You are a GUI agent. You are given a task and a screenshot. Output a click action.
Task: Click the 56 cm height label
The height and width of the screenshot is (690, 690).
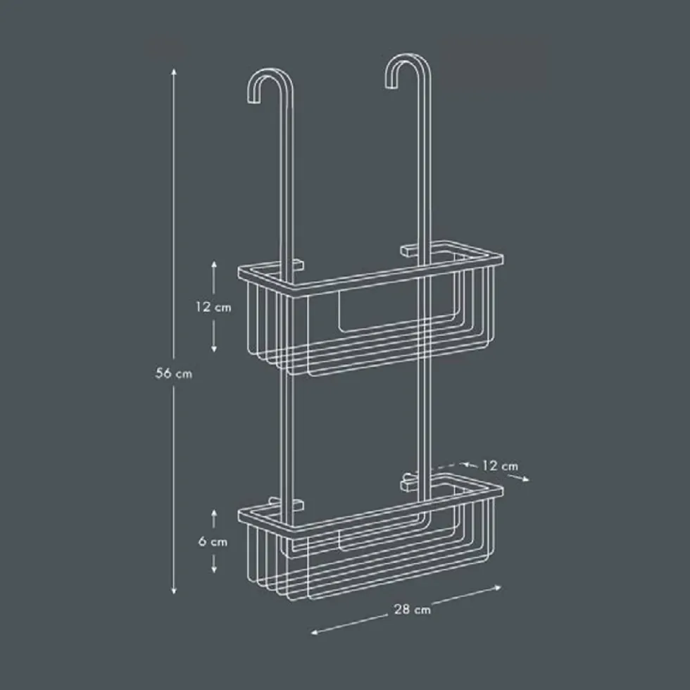tap(174, 374)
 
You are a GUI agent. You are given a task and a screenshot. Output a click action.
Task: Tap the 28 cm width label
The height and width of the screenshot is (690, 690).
tap(413, 610)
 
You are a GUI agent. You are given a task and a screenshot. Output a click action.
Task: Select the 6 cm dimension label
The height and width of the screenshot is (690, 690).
tap(213, 541)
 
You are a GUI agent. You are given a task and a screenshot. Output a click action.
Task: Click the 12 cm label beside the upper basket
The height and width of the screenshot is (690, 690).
tap(213, 307)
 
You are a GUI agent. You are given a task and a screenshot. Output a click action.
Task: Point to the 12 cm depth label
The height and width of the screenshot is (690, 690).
tap(501, 465)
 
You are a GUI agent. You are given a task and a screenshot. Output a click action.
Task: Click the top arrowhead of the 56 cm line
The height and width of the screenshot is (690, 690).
tap(174, 72)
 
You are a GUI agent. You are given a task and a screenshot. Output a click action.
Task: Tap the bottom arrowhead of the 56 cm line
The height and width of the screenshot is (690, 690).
tap(174, 591)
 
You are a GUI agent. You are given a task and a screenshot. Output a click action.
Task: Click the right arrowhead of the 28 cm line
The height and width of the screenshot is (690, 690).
tap(497, 587)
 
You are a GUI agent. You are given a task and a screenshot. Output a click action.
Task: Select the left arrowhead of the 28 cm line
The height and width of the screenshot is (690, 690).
tap(315, 632)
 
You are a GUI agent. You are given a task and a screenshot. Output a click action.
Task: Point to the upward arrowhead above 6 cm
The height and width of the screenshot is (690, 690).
tap(214, 513)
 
